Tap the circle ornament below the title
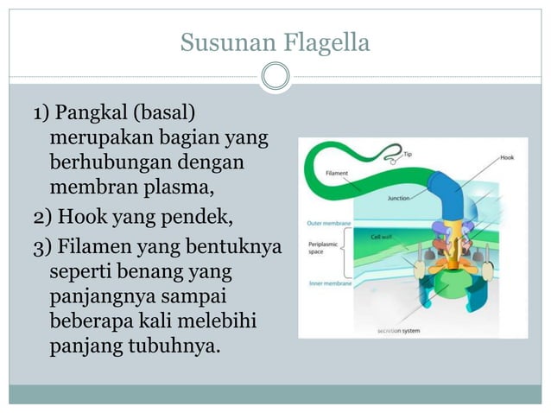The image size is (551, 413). pyautogui.click(x=275, y=77)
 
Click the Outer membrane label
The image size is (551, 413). pyautogui.click(x=328, y=223)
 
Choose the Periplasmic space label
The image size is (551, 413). pyautogui.click(x=322, y=249)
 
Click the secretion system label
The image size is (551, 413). pyautogui.click(x=399, y=330)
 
